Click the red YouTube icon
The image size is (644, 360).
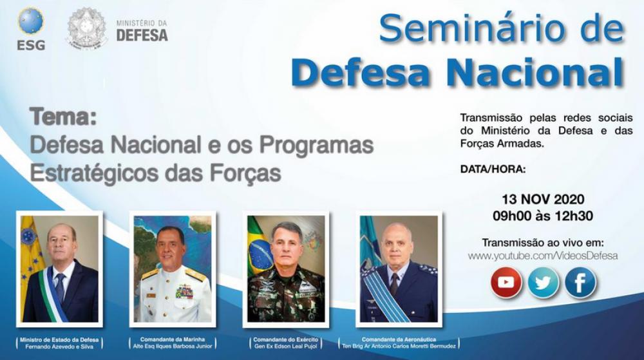[506, 283]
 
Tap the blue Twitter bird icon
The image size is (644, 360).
[544, 283]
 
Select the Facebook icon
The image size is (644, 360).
[580, 283]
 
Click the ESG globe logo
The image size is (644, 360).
[31, 21]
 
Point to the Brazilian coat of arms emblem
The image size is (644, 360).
[87, 27]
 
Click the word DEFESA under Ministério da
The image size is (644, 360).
[142, 35]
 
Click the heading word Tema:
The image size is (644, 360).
[63, 117]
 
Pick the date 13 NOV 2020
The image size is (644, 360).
[543, 200]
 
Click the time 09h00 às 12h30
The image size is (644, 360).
[543, 216]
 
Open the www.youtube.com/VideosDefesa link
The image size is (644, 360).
[543, 256]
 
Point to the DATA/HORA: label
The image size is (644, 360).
[493, 169]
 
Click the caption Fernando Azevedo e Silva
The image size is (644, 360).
[59, 346]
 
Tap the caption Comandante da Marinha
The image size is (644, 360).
[173, 339]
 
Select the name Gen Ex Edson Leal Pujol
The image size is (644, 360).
[286, 346]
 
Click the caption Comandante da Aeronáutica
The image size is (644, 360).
[399, 339]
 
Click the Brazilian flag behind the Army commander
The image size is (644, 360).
[259, 246]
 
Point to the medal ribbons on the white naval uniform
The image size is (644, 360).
[184, 292]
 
